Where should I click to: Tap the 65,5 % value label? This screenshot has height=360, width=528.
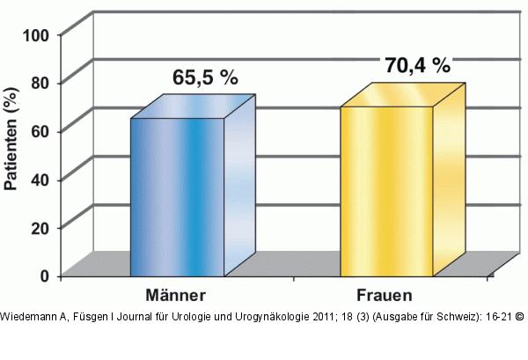(205, 77)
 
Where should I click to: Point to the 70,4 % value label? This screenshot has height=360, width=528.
(418, 65)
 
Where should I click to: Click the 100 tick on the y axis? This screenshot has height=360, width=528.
(36, 35)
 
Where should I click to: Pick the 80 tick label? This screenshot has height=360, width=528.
(40, 83)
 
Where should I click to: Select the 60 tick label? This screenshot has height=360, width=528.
(40, 131)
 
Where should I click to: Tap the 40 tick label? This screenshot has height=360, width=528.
(40, 180)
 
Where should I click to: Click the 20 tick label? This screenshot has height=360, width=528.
(40, 228)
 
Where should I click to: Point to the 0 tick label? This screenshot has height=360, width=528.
(45, 276)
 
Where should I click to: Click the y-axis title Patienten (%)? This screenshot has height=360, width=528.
(11, 139)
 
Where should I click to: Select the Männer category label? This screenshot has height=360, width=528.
(175, 296)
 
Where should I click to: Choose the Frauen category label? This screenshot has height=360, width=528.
(385, 296)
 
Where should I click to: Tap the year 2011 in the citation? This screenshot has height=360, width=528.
(323, 317)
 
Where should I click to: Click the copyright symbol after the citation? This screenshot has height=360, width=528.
(520, 317)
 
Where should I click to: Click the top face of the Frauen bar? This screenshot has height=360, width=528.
(403, 95)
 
